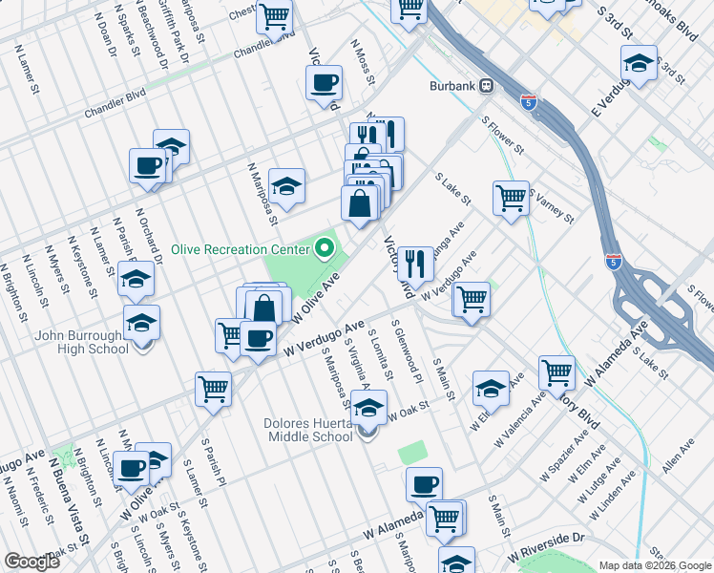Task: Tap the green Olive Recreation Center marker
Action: click(325, 249)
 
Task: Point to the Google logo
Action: click(31, 562)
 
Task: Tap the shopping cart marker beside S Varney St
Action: click(512, 198)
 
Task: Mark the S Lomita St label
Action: click(376, 353)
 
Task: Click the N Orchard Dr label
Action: click(149, 233)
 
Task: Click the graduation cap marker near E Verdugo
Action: click(639, 64)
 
